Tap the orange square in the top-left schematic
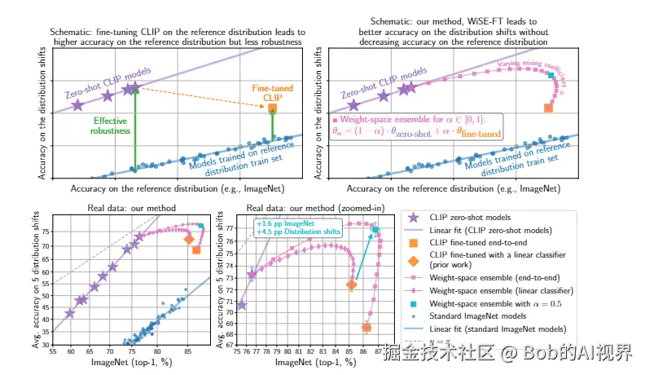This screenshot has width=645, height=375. point(272,108)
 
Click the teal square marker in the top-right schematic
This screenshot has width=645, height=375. point(551,75)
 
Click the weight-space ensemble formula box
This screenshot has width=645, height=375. point(416,126)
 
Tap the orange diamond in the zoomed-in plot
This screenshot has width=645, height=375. point(352,285)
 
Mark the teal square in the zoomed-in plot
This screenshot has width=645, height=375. point(375,230)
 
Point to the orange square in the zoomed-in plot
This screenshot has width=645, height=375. point(366,327)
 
